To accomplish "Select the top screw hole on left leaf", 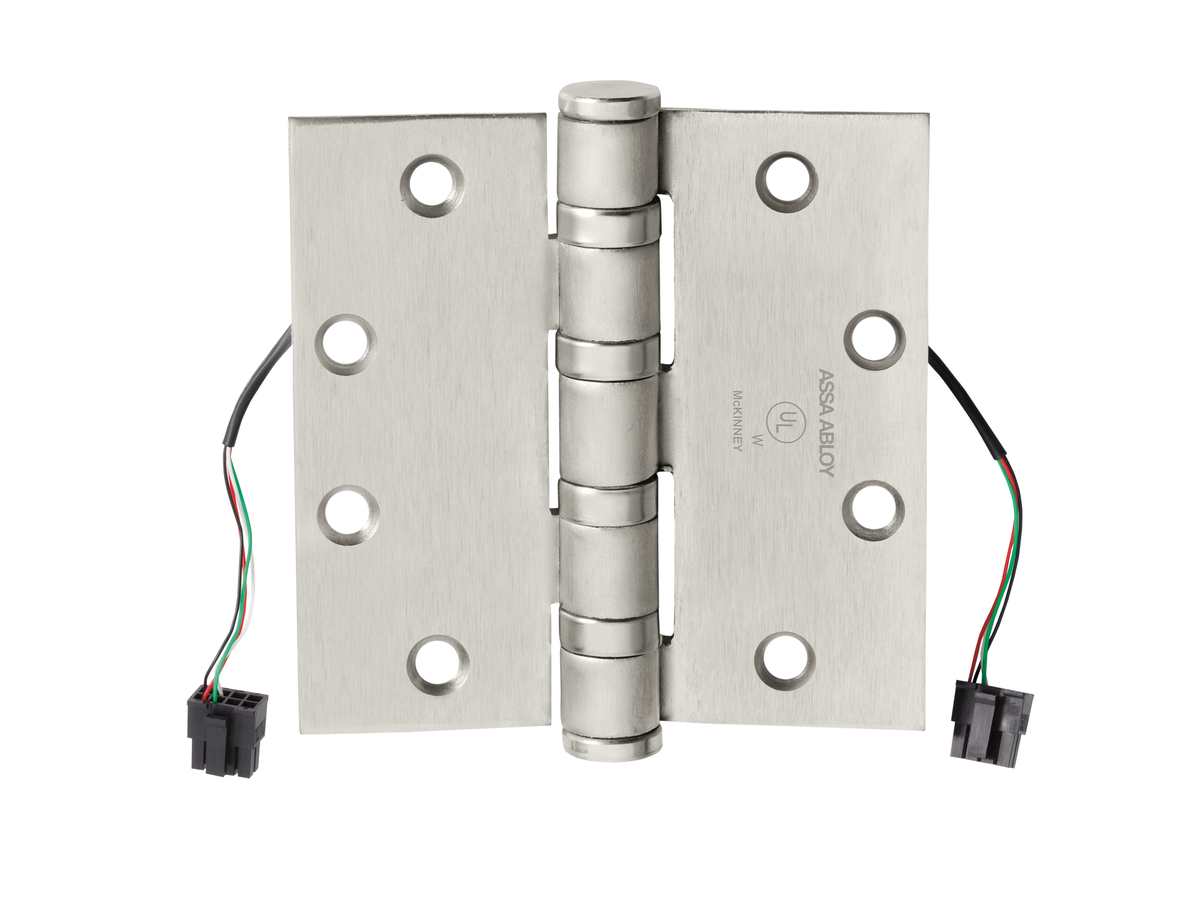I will click(432, 186).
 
